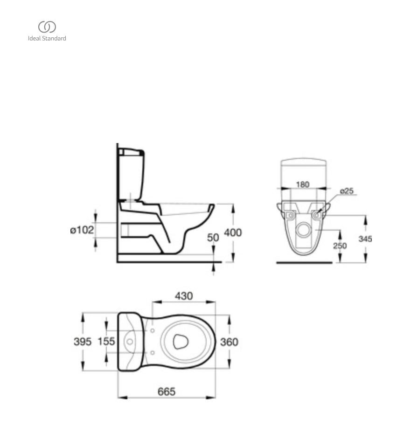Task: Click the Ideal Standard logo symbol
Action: pyautogui.click(x=47, y=27)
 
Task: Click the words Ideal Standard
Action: pyautogui.click(x=47, y=39)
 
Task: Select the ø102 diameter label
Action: pyautogui.click(x=82, y=230)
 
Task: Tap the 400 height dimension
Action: pyautogui.click(x=233, y=233)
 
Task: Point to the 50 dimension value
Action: pyautogui.click(x=213, y=238)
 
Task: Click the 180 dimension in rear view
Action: pyautogui.click(x=303, y=185)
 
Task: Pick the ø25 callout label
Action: pyautogui.click(x=347, y=191)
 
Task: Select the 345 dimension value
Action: pyautogui.click(x=365, y=239)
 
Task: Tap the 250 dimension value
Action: pyautogui.click(x=340, y=246)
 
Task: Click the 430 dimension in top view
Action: pyautogui.click(x=184, y=296)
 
